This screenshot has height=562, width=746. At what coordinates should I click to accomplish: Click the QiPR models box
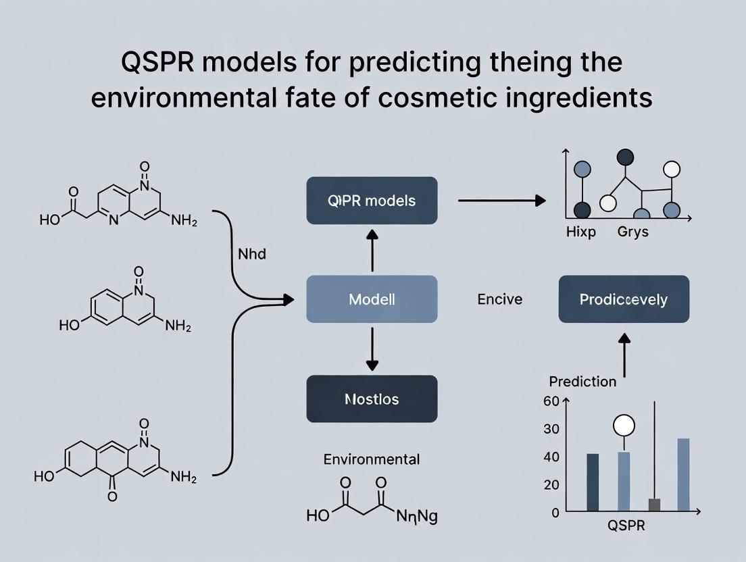tap(372, 201)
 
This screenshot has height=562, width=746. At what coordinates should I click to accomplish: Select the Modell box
tap(372, 299)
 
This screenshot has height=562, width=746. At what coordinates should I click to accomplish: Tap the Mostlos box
tap(372, 399)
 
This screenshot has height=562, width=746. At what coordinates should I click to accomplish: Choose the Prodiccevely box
tap(623, 299)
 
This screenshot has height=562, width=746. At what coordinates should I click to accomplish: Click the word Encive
tap(499, 299)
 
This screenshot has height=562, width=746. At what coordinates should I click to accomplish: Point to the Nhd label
tap(252, 255)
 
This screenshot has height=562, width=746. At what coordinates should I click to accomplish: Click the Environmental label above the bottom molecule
tap(372, 459)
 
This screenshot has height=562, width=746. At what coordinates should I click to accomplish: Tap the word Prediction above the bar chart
tap(582, 382)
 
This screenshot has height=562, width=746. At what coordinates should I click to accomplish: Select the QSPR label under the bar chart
tap(626, 526)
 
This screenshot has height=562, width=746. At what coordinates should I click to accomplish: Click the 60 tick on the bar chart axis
tap(551, 401)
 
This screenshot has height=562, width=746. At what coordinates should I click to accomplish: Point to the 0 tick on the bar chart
tap(555, 512)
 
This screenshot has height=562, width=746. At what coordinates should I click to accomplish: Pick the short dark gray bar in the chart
tap(654, 505)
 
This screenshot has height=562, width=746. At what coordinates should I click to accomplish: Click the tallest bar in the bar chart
tap(683, 475)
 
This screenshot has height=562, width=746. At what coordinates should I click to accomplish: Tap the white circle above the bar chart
tap(624, 426)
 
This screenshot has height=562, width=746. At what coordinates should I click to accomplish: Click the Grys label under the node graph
tap(632, 232)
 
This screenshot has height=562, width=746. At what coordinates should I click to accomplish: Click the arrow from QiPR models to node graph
tap(501, 201)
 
